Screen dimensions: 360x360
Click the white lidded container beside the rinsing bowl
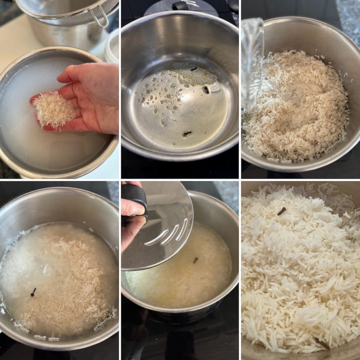(x=112, y=47)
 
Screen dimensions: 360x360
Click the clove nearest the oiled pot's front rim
(x=187, y=133)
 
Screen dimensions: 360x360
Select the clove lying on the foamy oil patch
(x=193, y=69)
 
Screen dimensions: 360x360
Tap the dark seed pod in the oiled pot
(x=206, y=90)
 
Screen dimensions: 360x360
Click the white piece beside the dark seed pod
(x=215, y=89)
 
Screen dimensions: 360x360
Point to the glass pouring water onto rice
(x=252, y=63)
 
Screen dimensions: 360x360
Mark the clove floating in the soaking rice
(x=33, y=292)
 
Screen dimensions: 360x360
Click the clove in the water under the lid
(x=195, y=260)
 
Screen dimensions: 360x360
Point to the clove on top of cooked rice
(x=281, y=211)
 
